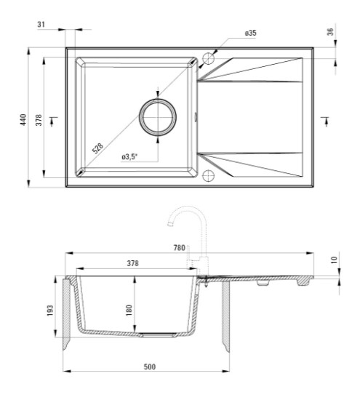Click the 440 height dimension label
click(x=23, y=120)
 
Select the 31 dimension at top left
click(x=41, y=25)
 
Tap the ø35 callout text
click(x=251, y=33)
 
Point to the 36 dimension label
click(x=330, y=31)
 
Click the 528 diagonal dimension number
click(x=97, y=148)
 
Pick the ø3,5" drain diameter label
click(x=129, y=156)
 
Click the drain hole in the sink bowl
click(x=158, y=117)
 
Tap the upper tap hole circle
click(x=209, y=59)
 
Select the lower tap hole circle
click(x=209, y=176)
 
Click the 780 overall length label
click(x=179, y=248)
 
